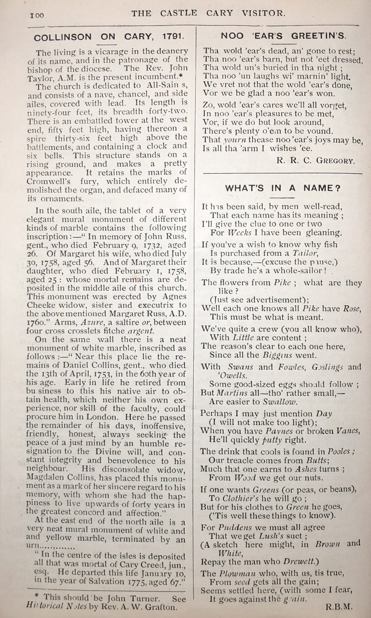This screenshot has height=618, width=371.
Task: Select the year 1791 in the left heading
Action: [x=163, y=36]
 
